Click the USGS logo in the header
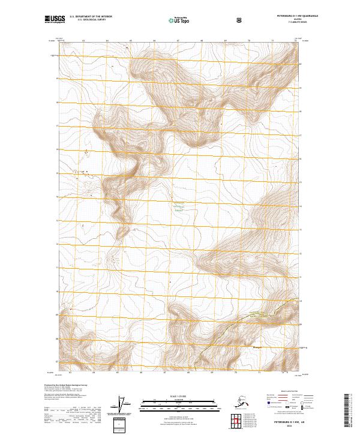click(x=55, y=19)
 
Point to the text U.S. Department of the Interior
click(x=91, y=17)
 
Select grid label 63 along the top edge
click(x=83, y=40)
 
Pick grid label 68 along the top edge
click(x=202, y=40)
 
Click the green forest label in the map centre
click(x=178, y=208)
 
